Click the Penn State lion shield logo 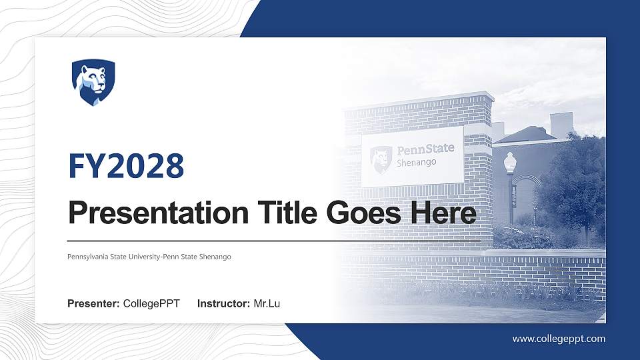(93, 82)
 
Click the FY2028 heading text (126, 165)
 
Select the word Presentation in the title (155, 213)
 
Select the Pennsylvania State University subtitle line (149, 257)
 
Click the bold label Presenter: (93, 304)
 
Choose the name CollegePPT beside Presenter (151, 304)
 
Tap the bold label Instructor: (224, 304)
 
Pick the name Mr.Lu (267, 304)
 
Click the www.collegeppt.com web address (559, 339)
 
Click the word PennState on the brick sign (425, 149)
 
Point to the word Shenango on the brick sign (417, 162)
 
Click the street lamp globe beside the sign (510, 161)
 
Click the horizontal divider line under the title (273, 240)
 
